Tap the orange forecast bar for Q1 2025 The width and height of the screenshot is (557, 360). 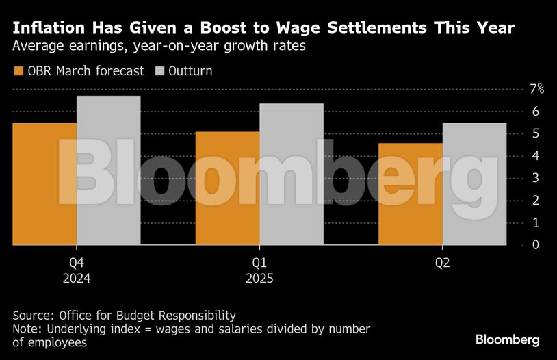[227, 188]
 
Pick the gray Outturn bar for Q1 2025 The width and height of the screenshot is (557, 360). [291, 174]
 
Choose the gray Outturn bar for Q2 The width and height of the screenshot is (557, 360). [474, 183]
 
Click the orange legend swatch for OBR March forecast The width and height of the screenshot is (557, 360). [18, 71]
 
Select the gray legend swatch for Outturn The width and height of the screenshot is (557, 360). [161, 71]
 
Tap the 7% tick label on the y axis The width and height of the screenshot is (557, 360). [536, 89]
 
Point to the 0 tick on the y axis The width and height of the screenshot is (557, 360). [534, 244]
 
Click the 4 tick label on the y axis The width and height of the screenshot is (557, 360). [534, 155]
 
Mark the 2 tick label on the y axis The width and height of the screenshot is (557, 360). [534, 200]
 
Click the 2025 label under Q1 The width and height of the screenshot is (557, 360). [259, 279]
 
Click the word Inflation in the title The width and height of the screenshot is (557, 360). [49, 28]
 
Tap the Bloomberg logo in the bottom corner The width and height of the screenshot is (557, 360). [508, 339]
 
